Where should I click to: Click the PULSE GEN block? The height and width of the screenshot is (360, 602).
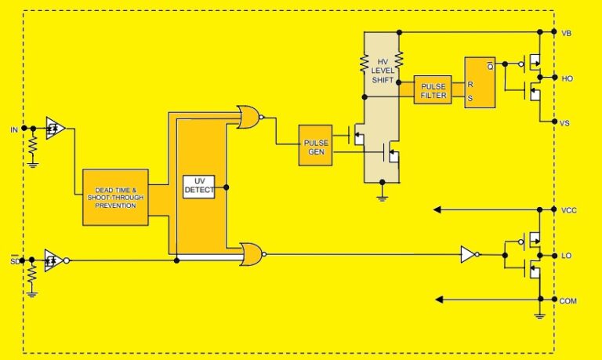pos(315,145)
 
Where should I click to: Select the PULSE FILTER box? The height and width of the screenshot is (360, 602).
pos(433,90)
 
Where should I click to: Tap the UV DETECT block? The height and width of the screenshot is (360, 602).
pos(199,187)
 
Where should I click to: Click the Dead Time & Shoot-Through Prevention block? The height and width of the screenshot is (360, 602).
pos(115,198)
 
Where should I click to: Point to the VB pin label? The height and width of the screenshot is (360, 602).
pos(567,32)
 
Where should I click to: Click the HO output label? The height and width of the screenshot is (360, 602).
pos(567,78)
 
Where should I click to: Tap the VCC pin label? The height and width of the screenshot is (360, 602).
pos(569,210)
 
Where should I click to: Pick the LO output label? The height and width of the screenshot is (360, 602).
pos(567,256)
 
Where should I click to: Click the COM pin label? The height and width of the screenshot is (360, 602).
pos(569,300)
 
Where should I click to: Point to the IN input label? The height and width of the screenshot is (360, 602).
pos(13,128)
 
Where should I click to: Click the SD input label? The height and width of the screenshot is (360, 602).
pos(13,260)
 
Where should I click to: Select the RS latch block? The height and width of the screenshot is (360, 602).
pos(480,82)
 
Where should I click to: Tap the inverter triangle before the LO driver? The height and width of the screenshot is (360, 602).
pos(468,254)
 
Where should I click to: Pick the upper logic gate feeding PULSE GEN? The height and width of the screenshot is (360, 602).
pos(249,118)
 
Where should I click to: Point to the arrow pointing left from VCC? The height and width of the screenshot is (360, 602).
pos(470,209)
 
